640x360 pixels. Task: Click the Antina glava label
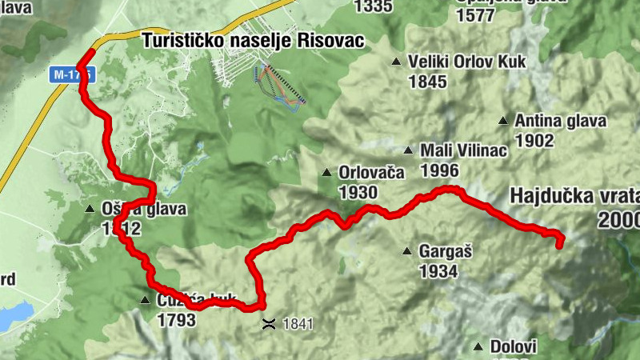(x=560, y=122)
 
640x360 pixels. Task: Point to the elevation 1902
(x=535, y=141)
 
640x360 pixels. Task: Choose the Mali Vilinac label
(x=463, y=150)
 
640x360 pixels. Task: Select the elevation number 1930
(x=357, y=192)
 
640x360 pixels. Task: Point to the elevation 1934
(x=438, y=271)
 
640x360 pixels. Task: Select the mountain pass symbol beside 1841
(x=269, y=324)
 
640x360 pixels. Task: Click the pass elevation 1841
(x=297, y=324)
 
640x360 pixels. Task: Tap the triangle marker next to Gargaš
(x=407, y=250)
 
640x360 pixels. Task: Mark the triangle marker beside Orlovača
(x=326, y=173)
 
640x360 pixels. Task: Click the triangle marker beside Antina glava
(x=502, y=122)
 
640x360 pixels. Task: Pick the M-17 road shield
(x=70, y=74)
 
